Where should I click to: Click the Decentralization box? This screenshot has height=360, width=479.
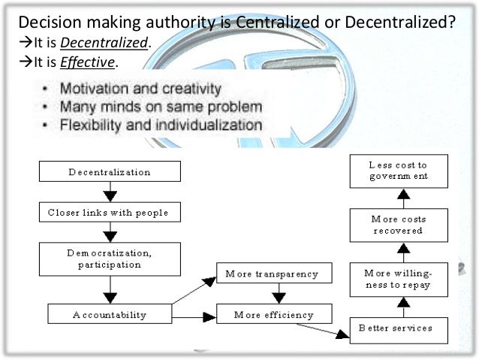(x=110, y=172)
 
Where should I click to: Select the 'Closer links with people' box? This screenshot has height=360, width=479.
(x=110, y=213)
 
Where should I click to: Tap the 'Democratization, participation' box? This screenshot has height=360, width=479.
(x=110, y=259)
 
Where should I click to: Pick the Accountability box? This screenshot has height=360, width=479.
(x=110, y=314)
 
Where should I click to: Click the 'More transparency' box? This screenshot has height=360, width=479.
(x=267, y=274)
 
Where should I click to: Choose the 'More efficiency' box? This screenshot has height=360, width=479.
(x=267, y=314)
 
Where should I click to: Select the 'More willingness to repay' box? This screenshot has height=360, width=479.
(x=399, y=279)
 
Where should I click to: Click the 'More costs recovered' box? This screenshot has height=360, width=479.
(x=399, y=225)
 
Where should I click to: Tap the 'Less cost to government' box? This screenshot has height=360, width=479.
(x=399, y=171)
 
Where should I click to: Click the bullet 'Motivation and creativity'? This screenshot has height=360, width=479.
(x=141, y=89)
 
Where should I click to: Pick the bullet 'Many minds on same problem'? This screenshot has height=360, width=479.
(x=161, y=107)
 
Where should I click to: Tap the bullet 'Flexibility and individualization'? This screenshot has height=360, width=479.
(x=161, y=125)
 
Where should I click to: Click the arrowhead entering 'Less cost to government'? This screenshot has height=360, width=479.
(x=402, y=193)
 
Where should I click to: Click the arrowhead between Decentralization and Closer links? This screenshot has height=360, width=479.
(x=110, y=196)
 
